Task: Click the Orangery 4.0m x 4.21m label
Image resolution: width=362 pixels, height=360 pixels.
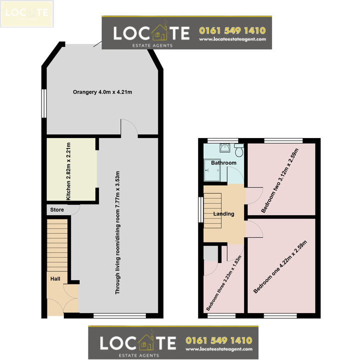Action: click(102, 92)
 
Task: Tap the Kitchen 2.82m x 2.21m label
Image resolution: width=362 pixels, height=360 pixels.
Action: click(68, 171)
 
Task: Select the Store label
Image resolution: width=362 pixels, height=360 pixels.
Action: click(57, 209)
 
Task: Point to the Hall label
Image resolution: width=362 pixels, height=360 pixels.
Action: click(55, 279)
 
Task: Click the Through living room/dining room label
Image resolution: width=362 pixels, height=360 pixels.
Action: click(117, 232)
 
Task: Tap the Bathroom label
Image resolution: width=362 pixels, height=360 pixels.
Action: click(224, 163)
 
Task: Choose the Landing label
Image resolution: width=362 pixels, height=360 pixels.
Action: click(224, 214)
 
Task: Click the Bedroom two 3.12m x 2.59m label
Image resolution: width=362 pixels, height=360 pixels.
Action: click(280, 180)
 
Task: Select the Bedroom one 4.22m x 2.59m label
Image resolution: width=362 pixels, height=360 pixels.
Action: click(280, 267)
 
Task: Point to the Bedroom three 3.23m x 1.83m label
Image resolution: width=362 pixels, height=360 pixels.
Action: click(224, 283)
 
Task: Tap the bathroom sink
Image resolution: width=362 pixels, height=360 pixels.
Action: click(225, 148)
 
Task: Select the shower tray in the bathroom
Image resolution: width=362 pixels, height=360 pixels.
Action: click(212, 170)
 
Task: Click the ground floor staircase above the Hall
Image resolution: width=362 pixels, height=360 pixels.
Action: click(57, 245)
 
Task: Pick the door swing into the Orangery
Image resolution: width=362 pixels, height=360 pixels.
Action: click(129, 128)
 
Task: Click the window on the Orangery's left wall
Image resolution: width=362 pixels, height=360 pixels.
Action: click(44, 103)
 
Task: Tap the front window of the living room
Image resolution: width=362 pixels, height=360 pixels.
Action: click(120, 315)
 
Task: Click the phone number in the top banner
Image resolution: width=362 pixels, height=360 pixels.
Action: click(232, 30)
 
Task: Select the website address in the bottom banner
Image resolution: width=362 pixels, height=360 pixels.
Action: click(219, 349)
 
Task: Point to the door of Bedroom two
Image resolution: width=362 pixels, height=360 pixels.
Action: click(254, 196)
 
